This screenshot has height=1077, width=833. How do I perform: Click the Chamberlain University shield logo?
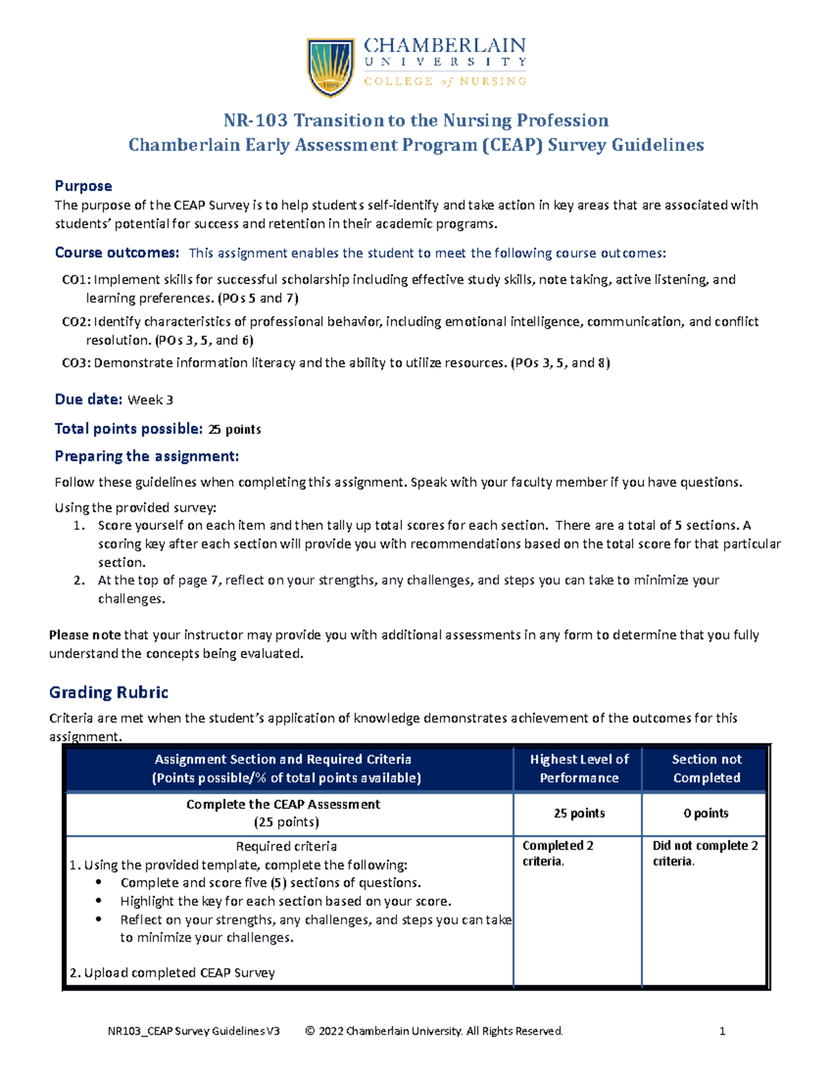(x=330, y=67)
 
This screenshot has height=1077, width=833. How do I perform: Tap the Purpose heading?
(x=83, y=186)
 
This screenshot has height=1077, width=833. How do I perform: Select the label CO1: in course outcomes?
(x=76, y=279)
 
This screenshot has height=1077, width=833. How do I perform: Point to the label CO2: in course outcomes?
(x=76, y=322)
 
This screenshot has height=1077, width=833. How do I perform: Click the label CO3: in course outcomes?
(x=76, y=363)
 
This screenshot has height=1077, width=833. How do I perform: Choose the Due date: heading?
(x=88, y=399)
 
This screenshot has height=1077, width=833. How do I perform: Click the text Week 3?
(x=151, y=400)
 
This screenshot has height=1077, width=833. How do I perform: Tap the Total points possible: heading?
(x=128, y=429)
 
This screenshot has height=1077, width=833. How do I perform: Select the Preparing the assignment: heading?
(x=146, y=456)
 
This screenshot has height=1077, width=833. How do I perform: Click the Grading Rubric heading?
(x=108, y=692)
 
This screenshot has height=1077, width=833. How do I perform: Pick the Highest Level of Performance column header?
(x=579, y=768)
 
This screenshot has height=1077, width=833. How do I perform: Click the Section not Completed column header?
(x=706, y=768)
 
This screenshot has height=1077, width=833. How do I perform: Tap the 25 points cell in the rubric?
(x=579, y=813)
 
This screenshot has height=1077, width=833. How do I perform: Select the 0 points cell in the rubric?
(x=705, y=813)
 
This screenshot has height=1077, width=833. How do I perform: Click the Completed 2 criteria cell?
(x=557, y=853)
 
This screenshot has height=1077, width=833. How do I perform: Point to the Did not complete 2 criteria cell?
(x=705, y=853)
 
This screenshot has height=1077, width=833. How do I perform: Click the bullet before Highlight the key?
(x=100, y=902)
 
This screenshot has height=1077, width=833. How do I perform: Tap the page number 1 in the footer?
(x=722, y=1031)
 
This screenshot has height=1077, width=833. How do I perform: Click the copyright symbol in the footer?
(x=310, y=1031)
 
